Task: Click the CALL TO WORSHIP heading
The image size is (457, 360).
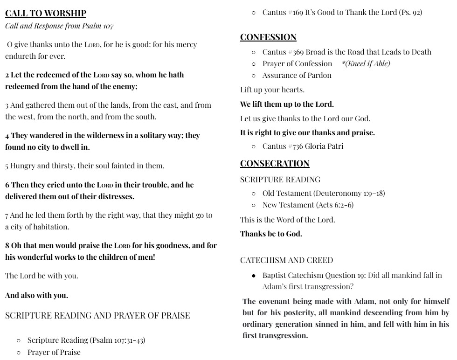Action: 46,14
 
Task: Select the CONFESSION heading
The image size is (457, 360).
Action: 268,37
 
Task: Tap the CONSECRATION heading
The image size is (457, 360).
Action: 275,163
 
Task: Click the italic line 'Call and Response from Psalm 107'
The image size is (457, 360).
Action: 59,26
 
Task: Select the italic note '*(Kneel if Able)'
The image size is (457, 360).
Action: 366,64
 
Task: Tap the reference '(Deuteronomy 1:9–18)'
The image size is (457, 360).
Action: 349,193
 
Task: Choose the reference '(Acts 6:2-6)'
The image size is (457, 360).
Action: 335,205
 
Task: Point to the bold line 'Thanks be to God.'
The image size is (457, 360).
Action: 271,234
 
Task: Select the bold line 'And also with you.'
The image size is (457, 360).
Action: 36,295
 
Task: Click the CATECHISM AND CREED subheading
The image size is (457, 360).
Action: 286,260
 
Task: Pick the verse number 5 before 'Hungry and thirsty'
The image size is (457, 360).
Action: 7,166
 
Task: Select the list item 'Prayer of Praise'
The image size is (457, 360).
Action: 54,352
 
